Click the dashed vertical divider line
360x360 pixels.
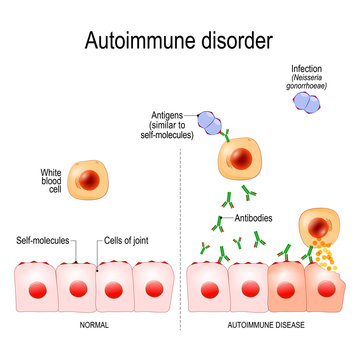coord(179,230)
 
